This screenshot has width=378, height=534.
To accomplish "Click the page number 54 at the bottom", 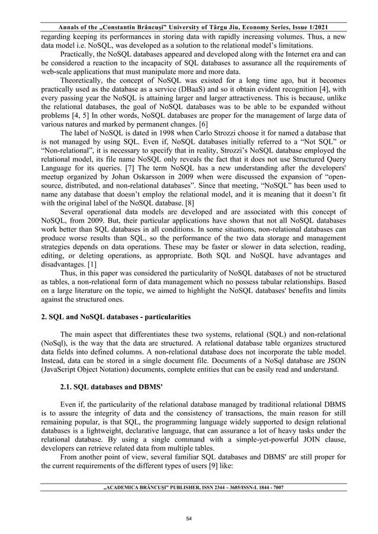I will click(x=188, y=518).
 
